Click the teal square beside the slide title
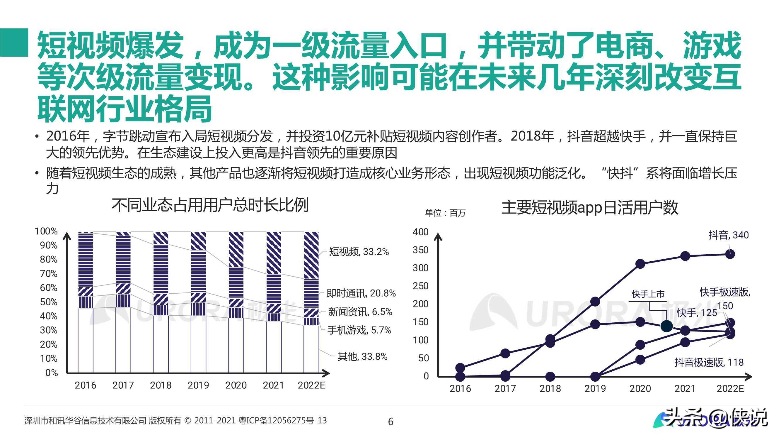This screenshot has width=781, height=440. (x=14, y=43)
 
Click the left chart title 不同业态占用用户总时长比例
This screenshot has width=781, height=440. (x=210, y=205)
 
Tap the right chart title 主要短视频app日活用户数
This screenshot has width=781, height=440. (x=590, y=208)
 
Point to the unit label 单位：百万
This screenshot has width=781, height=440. (x=445, y=213)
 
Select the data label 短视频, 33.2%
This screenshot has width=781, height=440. (x=359, y=252)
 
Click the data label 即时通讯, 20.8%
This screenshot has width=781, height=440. (x=361, y=293)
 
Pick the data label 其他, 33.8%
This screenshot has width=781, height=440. (x=362, y=356)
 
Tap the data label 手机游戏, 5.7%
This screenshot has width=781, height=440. (x=359, y=330)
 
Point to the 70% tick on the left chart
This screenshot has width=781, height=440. (x=49, y=274)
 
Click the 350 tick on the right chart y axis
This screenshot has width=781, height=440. (x=420, y=250)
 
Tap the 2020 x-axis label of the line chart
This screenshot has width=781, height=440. (x=640, y=388)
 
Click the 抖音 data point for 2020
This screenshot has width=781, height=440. (x=640, y=264)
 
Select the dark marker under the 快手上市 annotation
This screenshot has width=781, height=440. (x=666, y=326)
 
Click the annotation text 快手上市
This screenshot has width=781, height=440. (x=648, y=294)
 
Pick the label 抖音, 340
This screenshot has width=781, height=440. (x=728, y=235)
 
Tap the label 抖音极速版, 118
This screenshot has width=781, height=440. (x=709, y=363)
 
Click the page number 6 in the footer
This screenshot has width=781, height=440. (x=391, y=422)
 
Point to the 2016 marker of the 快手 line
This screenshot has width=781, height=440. (x=460, y=368)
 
